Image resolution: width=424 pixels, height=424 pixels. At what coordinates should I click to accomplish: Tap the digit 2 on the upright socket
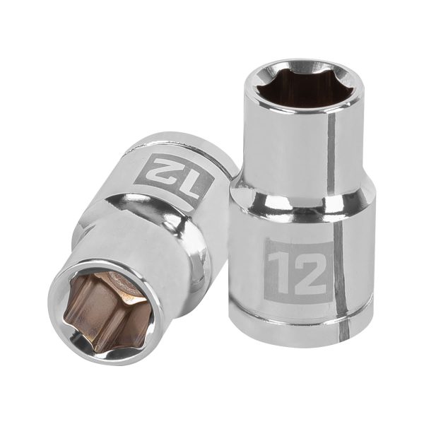click(309, 268)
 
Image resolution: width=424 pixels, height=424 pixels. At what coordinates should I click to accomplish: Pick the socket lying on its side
click(134, 247)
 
